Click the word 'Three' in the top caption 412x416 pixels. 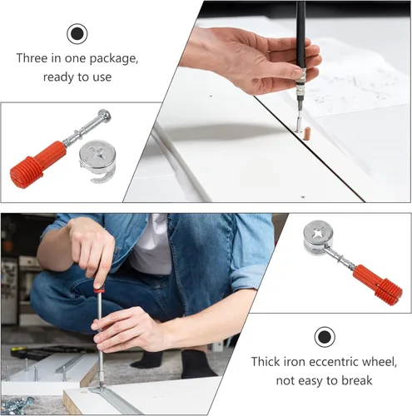[32, 58]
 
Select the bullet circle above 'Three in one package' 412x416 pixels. [77, 34]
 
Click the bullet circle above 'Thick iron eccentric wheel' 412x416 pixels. [325, 337]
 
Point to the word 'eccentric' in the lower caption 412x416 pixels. [335, 362]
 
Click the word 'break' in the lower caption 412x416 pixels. [357, 380]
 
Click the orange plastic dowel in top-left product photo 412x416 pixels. [38, 165]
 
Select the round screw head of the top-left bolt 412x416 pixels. [103, 115]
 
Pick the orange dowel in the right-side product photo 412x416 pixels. [378, 285]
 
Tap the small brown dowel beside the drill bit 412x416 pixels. [305, 133]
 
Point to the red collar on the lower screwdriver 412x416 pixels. [97, 290]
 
